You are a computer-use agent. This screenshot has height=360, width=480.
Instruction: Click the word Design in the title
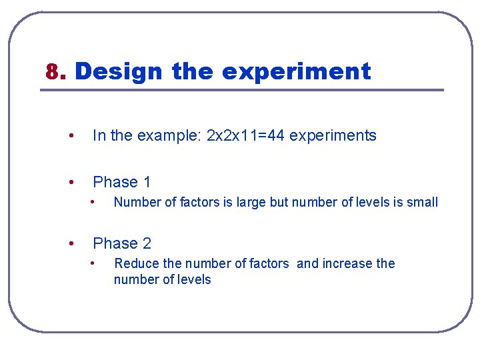pos(118,71)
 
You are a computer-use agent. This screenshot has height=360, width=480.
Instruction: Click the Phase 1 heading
pos(122,182)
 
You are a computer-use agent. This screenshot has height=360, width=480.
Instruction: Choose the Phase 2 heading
pos(122,243)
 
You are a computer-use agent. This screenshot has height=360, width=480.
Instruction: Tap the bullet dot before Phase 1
pos(71,182)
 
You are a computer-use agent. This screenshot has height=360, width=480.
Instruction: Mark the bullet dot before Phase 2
pos(71,243)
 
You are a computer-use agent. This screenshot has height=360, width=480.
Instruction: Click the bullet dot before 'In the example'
pos(71,136)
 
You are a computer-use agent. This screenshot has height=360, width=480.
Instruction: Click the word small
pos(423,202)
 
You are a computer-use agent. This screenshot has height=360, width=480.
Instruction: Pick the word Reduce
pos(135,263)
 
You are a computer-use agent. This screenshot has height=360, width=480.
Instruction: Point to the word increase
pos(347,263)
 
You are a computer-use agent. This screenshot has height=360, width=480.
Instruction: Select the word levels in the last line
pos(193,280)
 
